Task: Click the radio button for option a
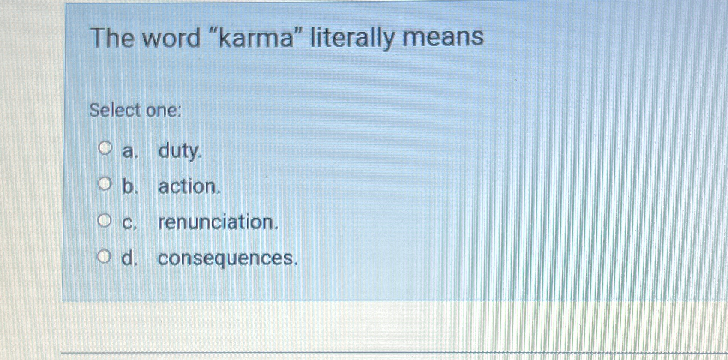click(x=104, y=149)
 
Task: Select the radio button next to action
click(x=104, y=185)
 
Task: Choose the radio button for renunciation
click(x=104, y=221)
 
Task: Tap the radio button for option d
click(x=104, y=258)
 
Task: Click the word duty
click(x=180, y=151)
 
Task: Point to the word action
click(x=189, y=186)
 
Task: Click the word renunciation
click(x=218, y=222)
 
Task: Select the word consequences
click(x=227, y=258)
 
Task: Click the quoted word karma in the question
click(x=258, y=38)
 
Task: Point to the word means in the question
click(x=443, y=38)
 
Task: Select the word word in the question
click(x=171, y=38)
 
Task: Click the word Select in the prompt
click(x=115, y=111)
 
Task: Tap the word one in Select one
click(x=161, y=111)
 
